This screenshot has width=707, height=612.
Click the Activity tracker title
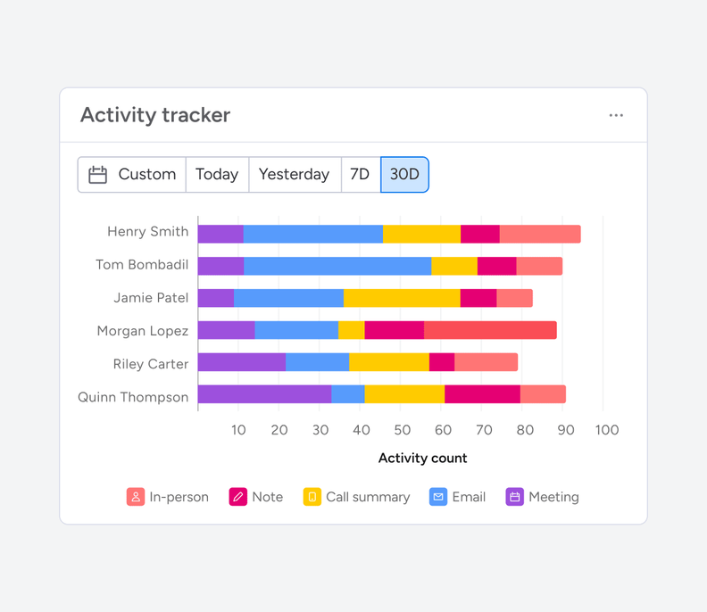tap(155, 115)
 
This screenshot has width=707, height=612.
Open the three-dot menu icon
tap(616, 115)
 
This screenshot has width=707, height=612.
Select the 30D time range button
tap(404, 175)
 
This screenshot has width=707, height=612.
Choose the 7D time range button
tap(361, 175)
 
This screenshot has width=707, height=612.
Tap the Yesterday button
tap(294, 175)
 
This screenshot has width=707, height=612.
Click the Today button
tap(217, 175)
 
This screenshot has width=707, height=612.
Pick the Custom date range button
tap(132, 175)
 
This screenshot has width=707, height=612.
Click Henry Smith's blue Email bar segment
tap(312, 235)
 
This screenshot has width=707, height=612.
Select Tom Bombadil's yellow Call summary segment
tap(453, 266)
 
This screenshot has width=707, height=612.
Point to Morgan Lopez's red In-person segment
tap(490, 330)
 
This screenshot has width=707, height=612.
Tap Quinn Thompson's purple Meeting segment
tap(264, 394)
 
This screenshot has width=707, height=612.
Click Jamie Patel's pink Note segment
tap(478, 298)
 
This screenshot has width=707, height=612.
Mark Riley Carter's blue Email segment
tap(317, 362)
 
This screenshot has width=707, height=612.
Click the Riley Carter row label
tap(151, 364)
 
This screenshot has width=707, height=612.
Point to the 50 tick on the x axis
tap(403, 430)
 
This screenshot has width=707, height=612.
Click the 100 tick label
tap(606, 430)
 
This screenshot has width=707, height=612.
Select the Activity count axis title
tap(422, 458)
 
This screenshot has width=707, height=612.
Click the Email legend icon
tap(438, 497)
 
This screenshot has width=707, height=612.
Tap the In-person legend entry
tap(168, 497)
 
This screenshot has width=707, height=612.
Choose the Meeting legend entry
tap(543, 497)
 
